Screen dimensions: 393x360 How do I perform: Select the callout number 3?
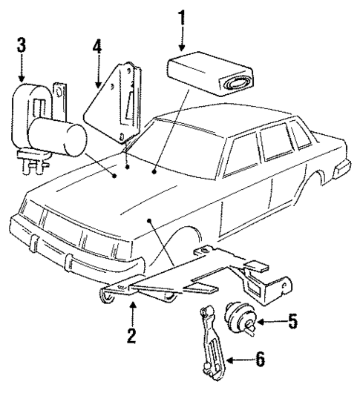pyautogui.click(x=22, y=44)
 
